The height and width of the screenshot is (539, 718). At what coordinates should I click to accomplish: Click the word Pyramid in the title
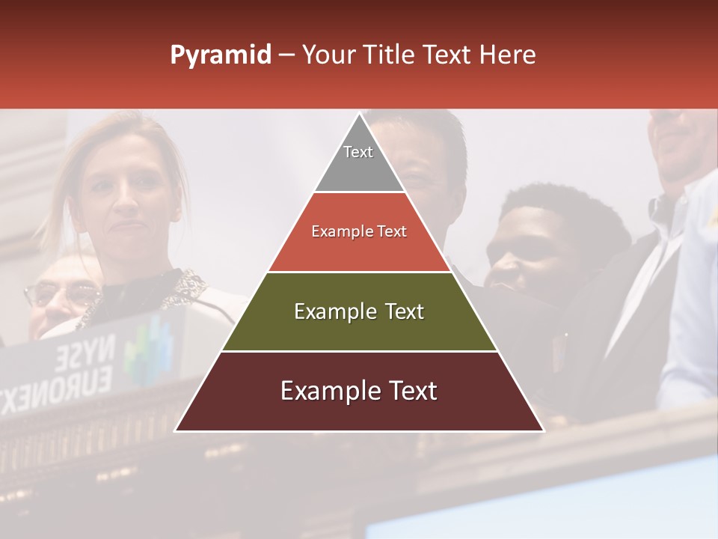click(x=220, y=55)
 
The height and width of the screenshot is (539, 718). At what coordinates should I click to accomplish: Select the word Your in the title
click(x=328, y=55)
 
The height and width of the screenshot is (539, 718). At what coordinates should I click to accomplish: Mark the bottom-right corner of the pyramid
click(x=543, y=430)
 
